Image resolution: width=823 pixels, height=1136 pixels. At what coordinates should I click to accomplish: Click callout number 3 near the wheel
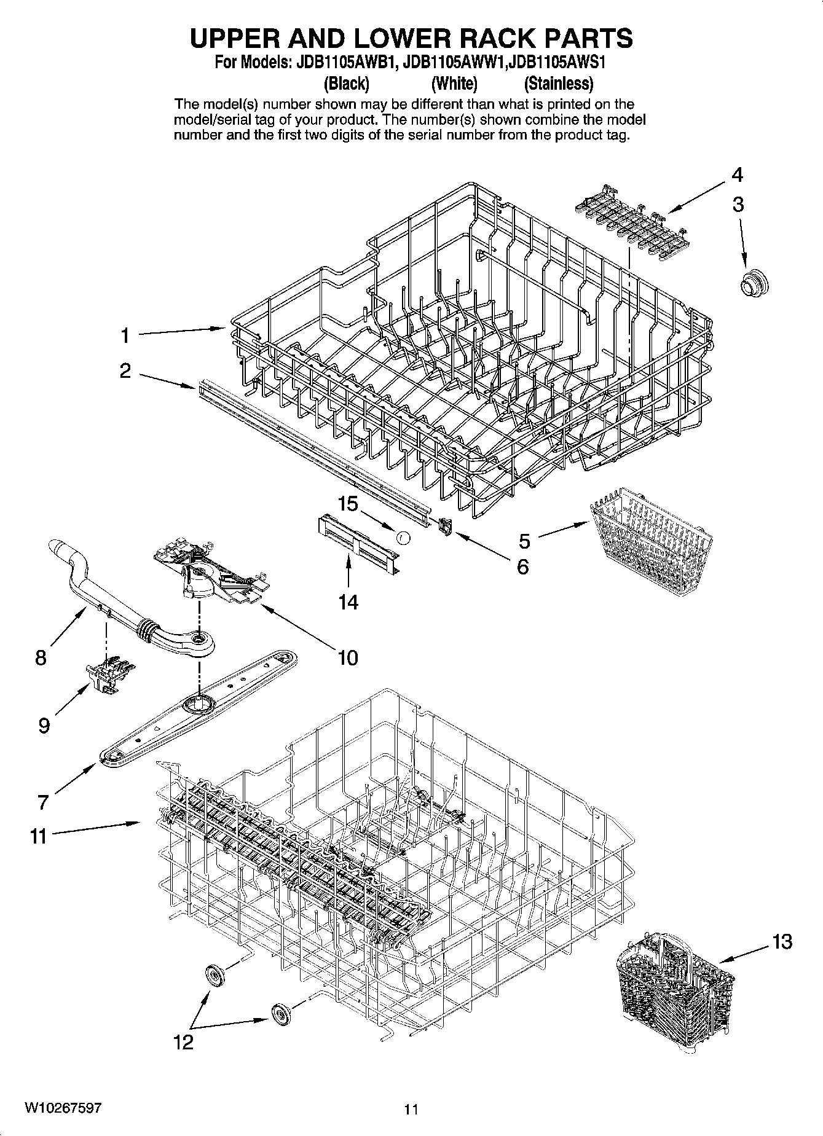coord(738,205)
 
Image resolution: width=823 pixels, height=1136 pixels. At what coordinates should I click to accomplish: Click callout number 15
coord(348,504)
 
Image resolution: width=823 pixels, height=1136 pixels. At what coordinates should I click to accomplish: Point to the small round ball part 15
coord(403,538)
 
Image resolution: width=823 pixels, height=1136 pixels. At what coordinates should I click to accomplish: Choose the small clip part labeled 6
coord(446,526)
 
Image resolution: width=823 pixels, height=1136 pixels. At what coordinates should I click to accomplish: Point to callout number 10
coord(348,658)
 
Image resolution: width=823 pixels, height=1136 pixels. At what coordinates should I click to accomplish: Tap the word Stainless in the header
coord(558,84)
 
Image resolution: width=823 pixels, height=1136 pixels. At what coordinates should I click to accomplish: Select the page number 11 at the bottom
coord(411,1109)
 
